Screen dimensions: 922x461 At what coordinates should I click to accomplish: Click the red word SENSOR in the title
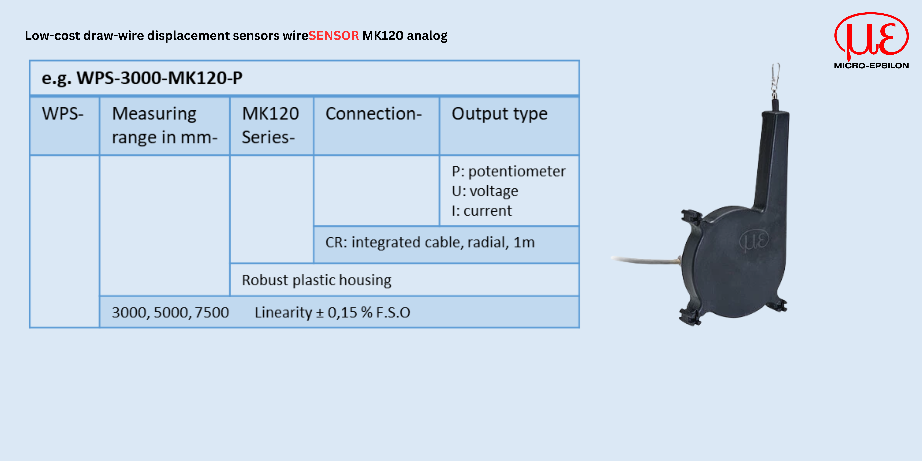(x=334, y=35)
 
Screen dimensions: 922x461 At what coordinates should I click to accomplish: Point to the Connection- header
(x=374, y=114)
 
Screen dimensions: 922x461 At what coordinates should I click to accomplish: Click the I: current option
(x=482, y=211)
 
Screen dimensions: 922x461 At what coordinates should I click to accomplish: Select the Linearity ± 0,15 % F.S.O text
(x=333, y=312)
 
